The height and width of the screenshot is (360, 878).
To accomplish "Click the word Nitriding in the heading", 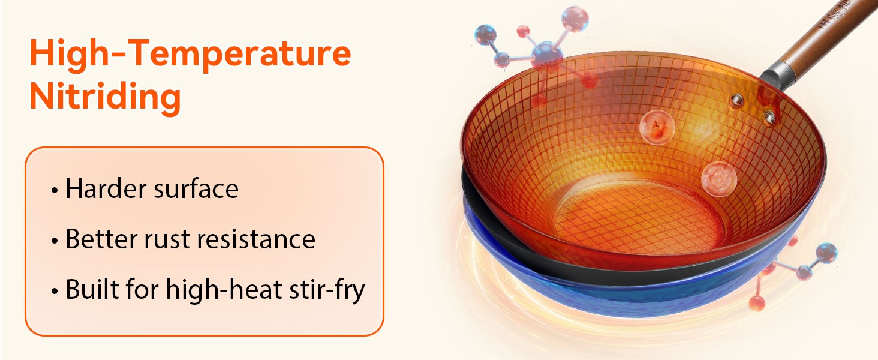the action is coord(105,97).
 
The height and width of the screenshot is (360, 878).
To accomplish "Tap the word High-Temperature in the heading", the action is coord(190,54).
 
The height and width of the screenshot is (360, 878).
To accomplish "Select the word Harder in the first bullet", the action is coord(106,188).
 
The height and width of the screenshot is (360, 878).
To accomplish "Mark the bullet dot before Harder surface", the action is coord(55,191).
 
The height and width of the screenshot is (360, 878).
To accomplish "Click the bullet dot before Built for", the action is coord(55,292).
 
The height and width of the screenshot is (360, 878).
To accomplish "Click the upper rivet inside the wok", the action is coord(736,100).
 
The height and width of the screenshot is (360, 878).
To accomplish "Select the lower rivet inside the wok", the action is coord(769,117).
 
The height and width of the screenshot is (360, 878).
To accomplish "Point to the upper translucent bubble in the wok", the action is coord(657,127).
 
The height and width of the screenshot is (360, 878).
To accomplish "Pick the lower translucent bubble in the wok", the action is coord(718,179).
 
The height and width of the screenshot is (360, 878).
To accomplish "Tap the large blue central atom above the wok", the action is coord(547,55).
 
